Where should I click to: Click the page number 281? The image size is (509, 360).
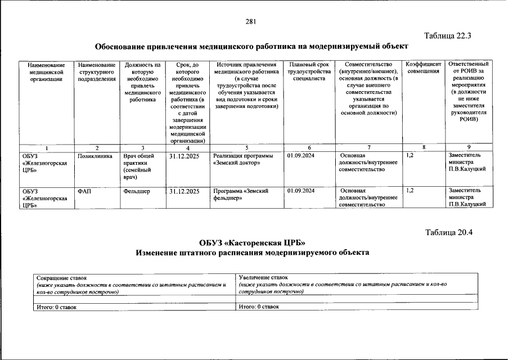pyautogui.click(x=251, y=22)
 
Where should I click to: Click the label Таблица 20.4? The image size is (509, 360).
pyautogui.click(x=449, y=232)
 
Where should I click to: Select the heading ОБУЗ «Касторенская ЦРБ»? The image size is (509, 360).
pyautogui.click(x=252, y=243)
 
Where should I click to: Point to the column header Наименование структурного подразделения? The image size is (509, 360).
pyautogui.click(x=97, y=71)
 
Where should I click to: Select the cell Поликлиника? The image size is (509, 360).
pyautogui.click(x=95, y=155)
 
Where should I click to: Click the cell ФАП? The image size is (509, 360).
pyautogui.click(x=84, y=191)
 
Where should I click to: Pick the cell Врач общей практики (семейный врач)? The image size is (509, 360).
pyautogui.click(x=138, y=166)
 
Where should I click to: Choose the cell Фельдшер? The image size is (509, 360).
pyautogui.click(x=137, y=191)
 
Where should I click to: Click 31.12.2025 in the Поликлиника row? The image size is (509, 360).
pyautogui.click(x=184, y=155)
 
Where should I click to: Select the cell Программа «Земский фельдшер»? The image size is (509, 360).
pyautogui.click(x=241, y=195)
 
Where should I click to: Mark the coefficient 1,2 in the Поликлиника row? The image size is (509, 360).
pyautogui.click(x=410, y=155)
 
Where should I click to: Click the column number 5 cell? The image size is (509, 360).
pyautogui.click(x=246, y=147)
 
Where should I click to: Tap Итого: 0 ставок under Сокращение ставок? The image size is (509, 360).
pyautogui.click(x=56, y=307)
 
